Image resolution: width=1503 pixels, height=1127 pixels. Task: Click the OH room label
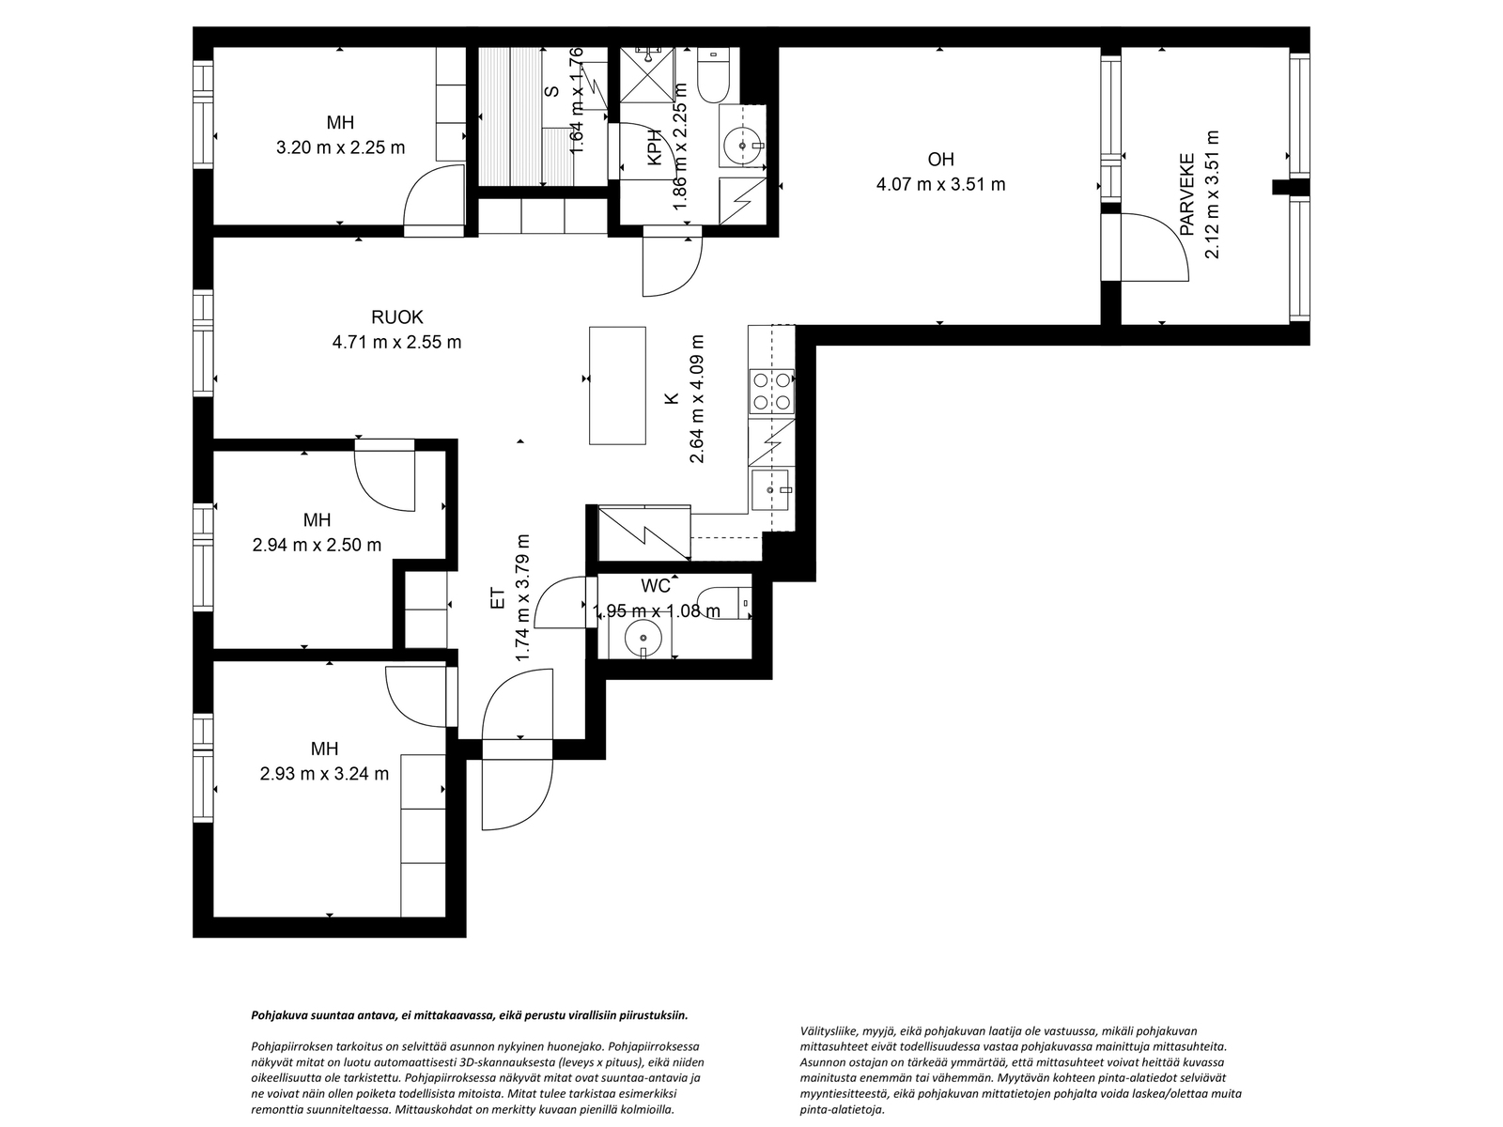pos(940,160)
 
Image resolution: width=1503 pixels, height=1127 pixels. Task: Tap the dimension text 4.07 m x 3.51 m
pos(940,184)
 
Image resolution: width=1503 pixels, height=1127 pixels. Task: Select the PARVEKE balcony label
pos(1187,193)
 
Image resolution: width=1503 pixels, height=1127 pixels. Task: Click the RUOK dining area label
pos(396,317)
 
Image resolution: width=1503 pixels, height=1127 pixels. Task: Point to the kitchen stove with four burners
pos(771,392)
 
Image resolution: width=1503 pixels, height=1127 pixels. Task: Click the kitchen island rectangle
pos(617,385)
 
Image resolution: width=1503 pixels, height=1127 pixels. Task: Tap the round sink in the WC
pos(643,637)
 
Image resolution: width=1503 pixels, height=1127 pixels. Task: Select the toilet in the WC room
pos(726,600)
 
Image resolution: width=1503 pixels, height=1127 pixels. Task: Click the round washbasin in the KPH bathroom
pos(743,146)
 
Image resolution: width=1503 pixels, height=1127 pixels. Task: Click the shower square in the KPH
pos(647,71)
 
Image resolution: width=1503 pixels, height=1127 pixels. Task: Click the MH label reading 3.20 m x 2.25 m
pos(340,122)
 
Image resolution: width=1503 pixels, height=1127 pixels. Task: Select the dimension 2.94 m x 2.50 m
pos(317,545)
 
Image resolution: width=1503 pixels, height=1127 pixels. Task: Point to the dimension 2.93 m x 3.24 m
pos(324,774)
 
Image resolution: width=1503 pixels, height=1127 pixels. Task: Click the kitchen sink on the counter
pos(772,489)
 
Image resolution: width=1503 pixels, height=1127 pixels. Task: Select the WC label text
pos(656,586)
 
